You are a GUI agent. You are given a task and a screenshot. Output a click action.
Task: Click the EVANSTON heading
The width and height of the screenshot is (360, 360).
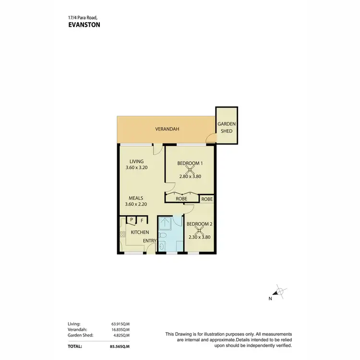(x=84, y=25)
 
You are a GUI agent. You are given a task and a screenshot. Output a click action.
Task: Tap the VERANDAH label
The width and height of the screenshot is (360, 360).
(x=167, y=129)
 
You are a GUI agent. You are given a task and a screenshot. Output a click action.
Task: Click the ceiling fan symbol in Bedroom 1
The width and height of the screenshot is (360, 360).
(x=190, y=169)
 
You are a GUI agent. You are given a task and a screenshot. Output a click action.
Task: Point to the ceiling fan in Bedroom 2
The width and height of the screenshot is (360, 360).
(x=199, y=230)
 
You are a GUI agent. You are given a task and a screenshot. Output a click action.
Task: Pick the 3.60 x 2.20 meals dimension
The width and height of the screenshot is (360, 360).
(x=136, y=204)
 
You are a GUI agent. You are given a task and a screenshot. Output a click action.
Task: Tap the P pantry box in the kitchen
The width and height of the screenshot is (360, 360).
(x=131, y=220)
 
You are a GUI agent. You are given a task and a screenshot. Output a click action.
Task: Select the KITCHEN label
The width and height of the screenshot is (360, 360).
(x=140, y=232)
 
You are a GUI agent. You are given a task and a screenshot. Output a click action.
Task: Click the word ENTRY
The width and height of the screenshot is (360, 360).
(x=149, y=241)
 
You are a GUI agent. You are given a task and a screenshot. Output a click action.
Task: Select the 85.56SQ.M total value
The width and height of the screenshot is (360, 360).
(x=120, y=346)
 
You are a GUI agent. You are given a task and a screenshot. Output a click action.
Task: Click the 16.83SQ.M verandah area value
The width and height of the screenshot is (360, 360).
(x=120, y=330)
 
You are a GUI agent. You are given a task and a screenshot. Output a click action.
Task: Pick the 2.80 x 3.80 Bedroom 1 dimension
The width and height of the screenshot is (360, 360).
(x=190, y=177)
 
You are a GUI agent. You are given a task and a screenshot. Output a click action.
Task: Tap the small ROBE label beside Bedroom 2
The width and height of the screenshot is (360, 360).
(x=207, y=199)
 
